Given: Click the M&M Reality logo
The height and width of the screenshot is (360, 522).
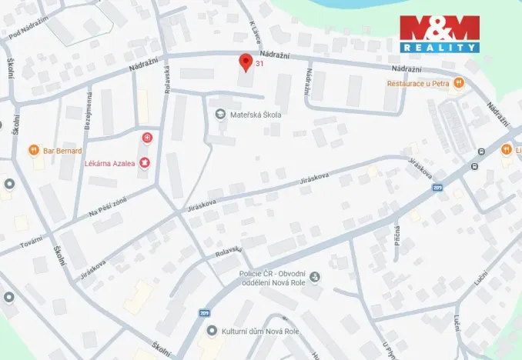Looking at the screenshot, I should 439,34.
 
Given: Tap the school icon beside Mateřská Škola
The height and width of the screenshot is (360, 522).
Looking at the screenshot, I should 221,115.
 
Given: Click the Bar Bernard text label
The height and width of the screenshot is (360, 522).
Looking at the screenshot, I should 64,149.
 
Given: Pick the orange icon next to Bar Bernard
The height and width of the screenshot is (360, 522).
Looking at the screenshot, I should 33,149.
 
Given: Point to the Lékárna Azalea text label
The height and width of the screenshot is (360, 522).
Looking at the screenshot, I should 110,163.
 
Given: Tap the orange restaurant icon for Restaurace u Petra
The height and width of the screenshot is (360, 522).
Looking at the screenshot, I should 459,82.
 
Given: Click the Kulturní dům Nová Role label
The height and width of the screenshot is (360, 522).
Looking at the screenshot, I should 260,332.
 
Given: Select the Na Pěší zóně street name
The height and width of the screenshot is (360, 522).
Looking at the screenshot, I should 107,205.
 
